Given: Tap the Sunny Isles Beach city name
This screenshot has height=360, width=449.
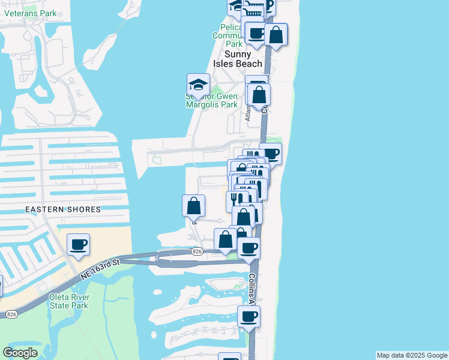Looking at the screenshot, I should click(x=238, y=59).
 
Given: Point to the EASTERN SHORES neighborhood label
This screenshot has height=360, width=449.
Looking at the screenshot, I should click(x=63, y=209).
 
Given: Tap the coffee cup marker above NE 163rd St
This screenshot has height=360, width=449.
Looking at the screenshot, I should click(x=78, y=245).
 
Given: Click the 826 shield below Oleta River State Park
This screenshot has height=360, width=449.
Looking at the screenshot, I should click(x=11, y=314).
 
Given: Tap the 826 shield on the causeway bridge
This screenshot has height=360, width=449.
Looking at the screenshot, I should click(x=196, y=251).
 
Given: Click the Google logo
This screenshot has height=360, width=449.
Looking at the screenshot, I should click(x=20, y=353).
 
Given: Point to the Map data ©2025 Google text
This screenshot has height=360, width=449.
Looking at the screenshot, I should click(x=411, y=355).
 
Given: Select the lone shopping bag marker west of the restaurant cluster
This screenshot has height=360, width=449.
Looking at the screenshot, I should click(x=193, y=206).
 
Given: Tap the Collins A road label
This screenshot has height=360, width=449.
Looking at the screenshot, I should click(x=253, y=289).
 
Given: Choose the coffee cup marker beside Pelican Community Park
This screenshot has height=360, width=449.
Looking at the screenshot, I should click(x=256, y=34).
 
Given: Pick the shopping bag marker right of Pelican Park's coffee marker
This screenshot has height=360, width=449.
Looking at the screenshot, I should click(x=276, y=34).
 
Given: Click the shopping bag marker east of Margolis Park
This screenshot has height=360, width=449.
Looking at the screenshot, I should click(x=259, y=95).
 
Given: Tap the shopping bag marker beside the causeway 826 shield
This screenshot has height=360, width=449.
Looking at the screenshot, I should click(x=225, y=240).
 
